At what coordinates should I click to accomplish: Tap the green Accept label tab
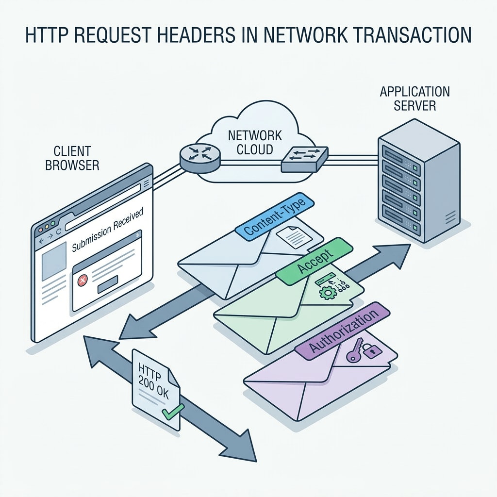(x=314, y=260)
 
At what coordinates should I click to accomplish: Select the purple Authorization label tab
(x=343, y=331)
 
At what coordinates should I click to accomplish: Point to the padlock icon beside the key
(x=371, y=351)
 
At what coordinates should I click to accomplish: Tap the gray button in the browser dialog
(x=108, y=287)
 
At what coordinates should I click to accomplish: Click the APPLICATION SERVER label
(x=414, y=98)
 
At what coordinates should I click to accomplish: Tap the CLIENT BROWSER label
(x=72, y=159)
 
